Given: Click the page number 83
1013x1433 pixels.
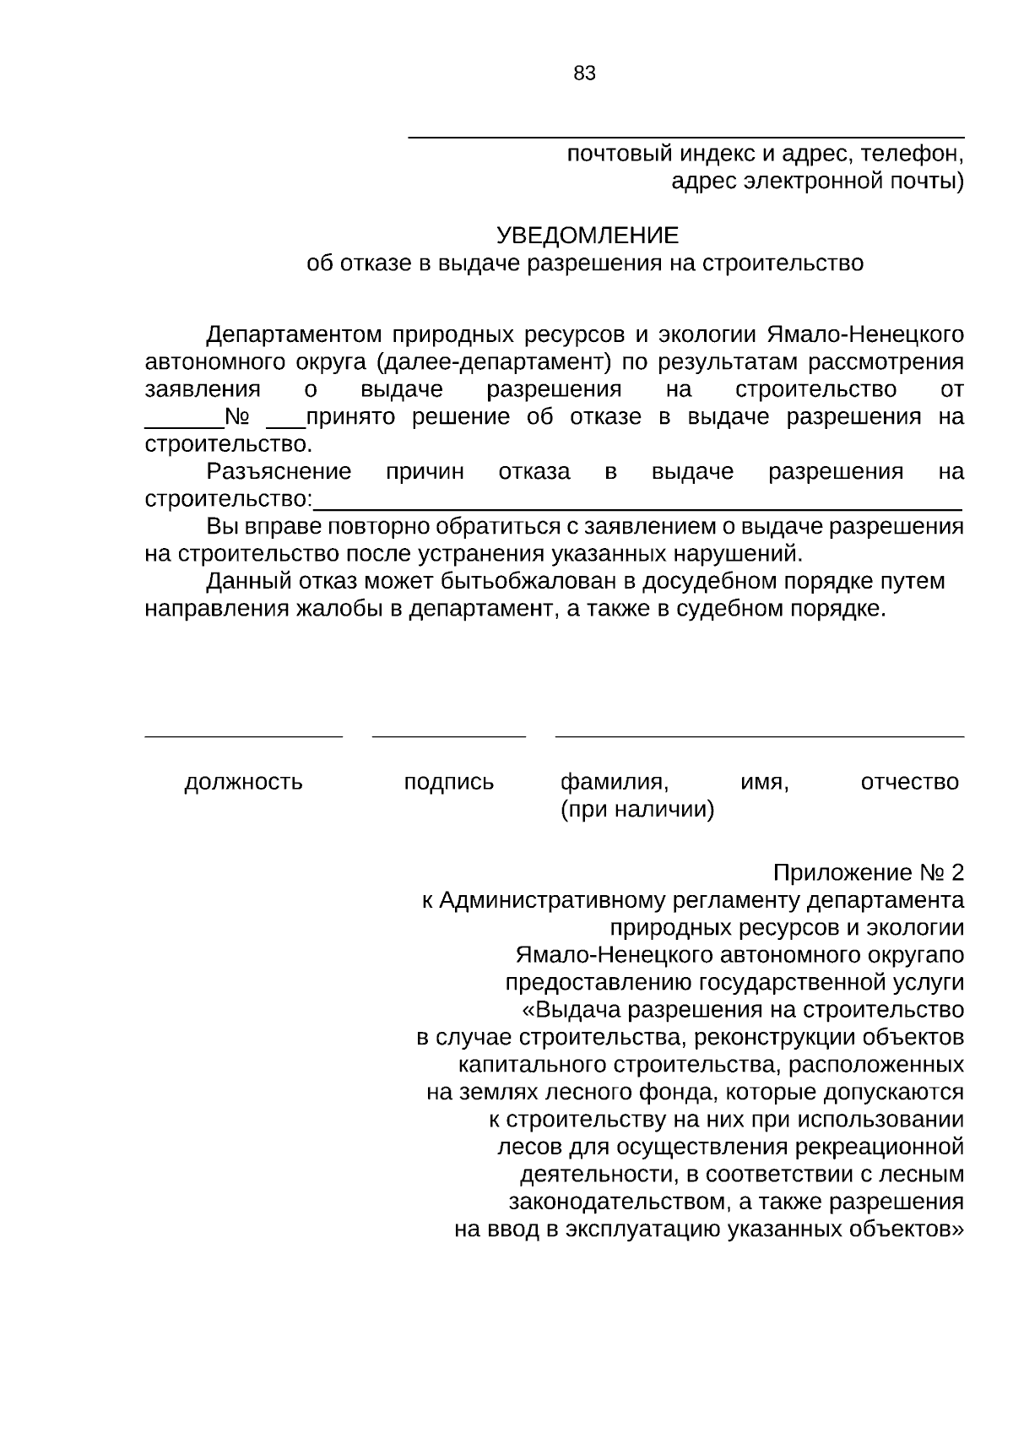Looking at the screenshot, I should point(584,73).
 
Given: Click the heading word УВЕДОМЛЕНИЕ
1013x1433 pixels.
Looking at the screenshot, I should point(587,235).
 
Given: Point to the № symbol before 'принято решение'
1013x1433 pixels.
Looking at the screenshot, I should point(236,417).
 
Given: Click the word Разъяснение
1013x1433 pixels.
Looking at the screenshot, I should point(279,471).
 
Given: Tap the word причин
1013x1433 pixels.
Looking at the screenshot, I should point(425,471).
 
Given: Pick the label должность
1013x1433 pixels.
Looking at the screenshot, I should point(243,782).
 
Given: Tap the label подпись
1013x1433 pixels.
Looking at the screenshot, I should point(448,782).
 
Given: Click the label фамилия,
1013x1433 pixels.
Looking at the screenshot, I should point(615,782).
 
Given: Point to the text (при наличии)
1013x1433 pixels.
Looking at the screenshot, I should point(637,810).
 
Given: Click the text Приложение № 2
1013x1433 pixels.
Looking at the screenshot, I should point(868,872).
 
